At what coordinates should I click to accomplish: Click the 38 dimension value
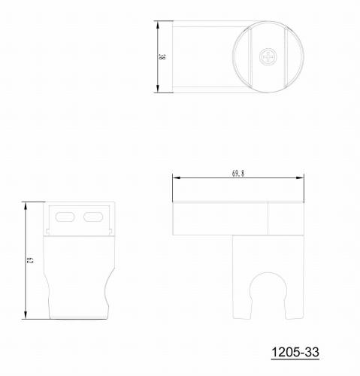[x=162, y=57]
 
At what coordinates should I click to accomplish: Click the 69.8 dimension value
[x=238, y=174]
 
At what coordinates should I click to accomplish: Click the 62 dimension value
[x=29, y=260]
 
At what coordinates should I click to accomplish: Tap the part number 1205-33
[x=295, y=352]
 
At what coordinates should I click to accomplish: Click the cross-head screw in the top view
[x=268, y=57]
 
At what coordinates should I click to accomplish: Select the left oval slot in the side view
[x=65, y=217]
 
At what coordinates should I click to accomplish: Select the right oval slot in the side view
[x=93, y=217]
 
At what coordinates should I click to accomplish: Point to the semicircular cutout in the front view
[x=268, y=273]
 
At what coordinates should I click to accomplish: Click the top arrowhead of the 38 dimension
[x=158, y=25]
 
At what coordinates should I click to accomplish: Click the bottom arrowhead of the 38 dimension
[x=158, y=89]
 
